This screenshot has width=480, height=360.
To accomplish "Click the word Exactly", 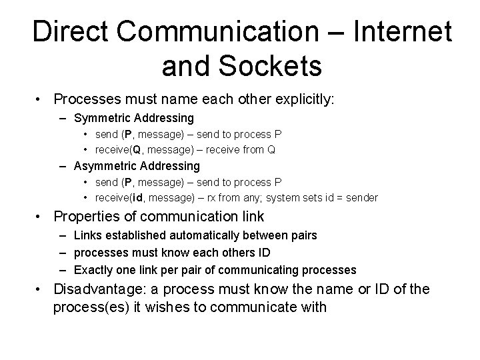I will (x=93, y=270).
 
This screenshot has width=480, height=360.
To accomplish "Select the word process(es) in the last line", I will (x=88, y=308).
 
